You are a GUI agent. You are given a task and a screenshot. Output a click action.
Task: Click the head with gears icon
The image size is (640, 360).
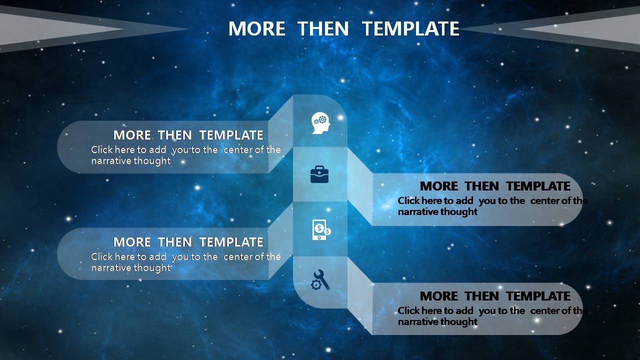(320, 123)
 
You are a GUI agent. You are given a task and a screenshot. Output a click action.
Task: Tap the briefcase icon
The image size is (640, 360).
(319, 174)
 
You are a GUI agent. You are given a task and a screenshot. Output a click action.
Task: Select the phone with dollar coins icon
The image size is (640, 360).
(321, 229)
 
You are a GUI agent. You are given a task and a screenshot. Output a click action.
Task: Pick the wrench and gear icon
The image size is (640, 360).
(320, 279)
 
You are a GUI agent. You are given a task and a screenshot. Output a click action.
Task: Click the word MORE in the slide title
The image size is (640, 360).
(257, 28)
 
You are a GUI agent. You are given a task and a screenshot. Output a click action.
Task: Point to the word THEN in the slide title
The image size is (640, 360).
(323, 28)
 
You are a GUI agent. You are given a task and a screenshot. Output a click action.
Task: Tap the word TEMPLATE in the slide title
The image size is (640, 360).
(410, 28)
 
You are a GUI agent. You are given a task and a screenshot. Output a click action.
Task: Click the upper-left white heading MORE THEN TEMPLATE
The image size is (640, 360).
(188, 135)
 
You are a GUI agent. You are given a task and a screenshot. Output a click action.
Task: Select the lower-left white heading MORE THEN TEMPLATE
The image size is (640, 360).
(188, 242)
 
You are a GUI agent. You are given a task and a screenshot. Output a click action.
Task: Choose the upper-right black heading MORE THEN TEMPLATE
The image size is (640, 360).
(495, 186)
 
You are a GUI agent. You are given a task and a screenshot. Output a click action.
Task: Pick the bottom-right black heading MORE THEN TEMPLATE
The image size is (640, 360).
(495, 296)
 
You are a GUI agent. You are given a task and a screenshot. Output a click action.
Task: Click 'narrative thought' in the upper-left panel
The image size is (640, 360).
(131, 161)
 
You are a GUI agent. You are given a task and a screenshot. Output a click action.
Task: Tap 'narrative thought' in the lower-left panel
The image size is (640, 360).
(131, 267)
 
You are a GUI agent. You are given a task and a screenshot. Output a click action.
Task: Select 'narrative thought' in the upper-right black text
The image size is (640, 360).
(437, 211)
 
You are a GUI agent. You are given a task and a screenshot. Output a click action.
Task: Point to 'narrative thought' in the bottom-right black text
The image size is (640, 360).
(437, 321)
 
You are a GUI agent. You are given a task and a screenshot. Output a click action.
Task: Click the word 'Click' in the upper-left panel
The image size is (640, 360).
(101, 149)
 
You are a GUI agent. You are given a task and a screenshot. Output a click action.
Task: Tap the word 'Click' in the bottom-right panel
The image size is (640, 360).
(408, 310)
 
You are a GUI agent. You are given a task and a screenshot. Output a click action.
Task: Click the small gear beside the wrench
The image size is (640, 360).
(316, 285)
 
